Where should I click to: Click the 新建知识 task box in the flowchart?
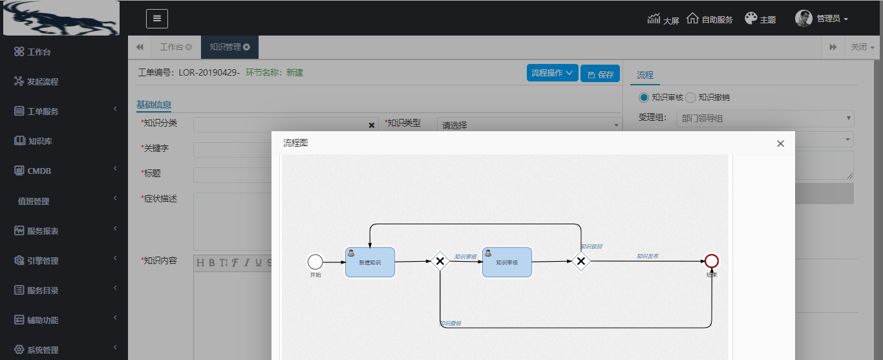[370, 262]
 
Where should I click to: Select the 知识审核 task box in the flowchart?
[507, 262]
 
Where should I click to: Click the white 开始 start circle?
[315, 262]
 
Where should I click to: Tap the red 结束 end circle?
[712, 261]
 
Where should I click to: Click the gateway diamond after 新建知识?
[440, 261]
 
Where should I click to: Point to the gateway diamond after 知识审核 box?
[580, 261]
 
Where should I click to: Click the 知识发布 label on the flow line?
[647, 256]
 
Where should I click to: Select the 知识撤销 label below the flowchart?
[451, 323]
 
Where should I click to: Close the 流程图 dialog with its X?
[780, 143]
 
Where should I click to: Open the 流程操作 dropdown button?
[553, 73]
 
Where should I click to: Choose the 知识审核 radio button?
[643, 98]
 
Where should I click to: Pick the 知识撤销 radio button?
[690, 98]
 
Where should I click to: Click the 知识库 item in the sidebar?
[39, 141]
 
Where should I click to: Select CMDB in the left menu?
[39, 171]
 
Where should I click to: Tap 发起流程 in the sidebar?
[42, 81]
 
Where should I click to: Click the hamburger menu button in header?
[157, 19]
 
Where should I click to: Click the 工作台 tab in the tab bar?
[171, 47]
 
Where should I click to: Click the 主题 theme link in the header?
[760, 19]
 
